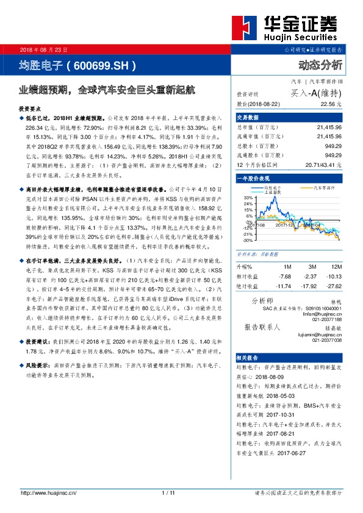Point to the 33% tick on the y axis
coord(248,198)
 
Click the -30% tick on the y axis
coord(247,240)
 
